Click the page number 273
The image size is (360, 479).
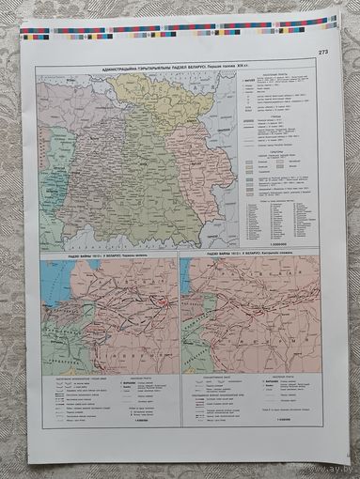tap(323, 52)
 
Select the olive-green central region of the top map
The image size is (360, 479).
tap(150, 178)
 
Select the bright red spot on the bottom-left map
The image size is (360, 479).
tap(162, 300)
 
